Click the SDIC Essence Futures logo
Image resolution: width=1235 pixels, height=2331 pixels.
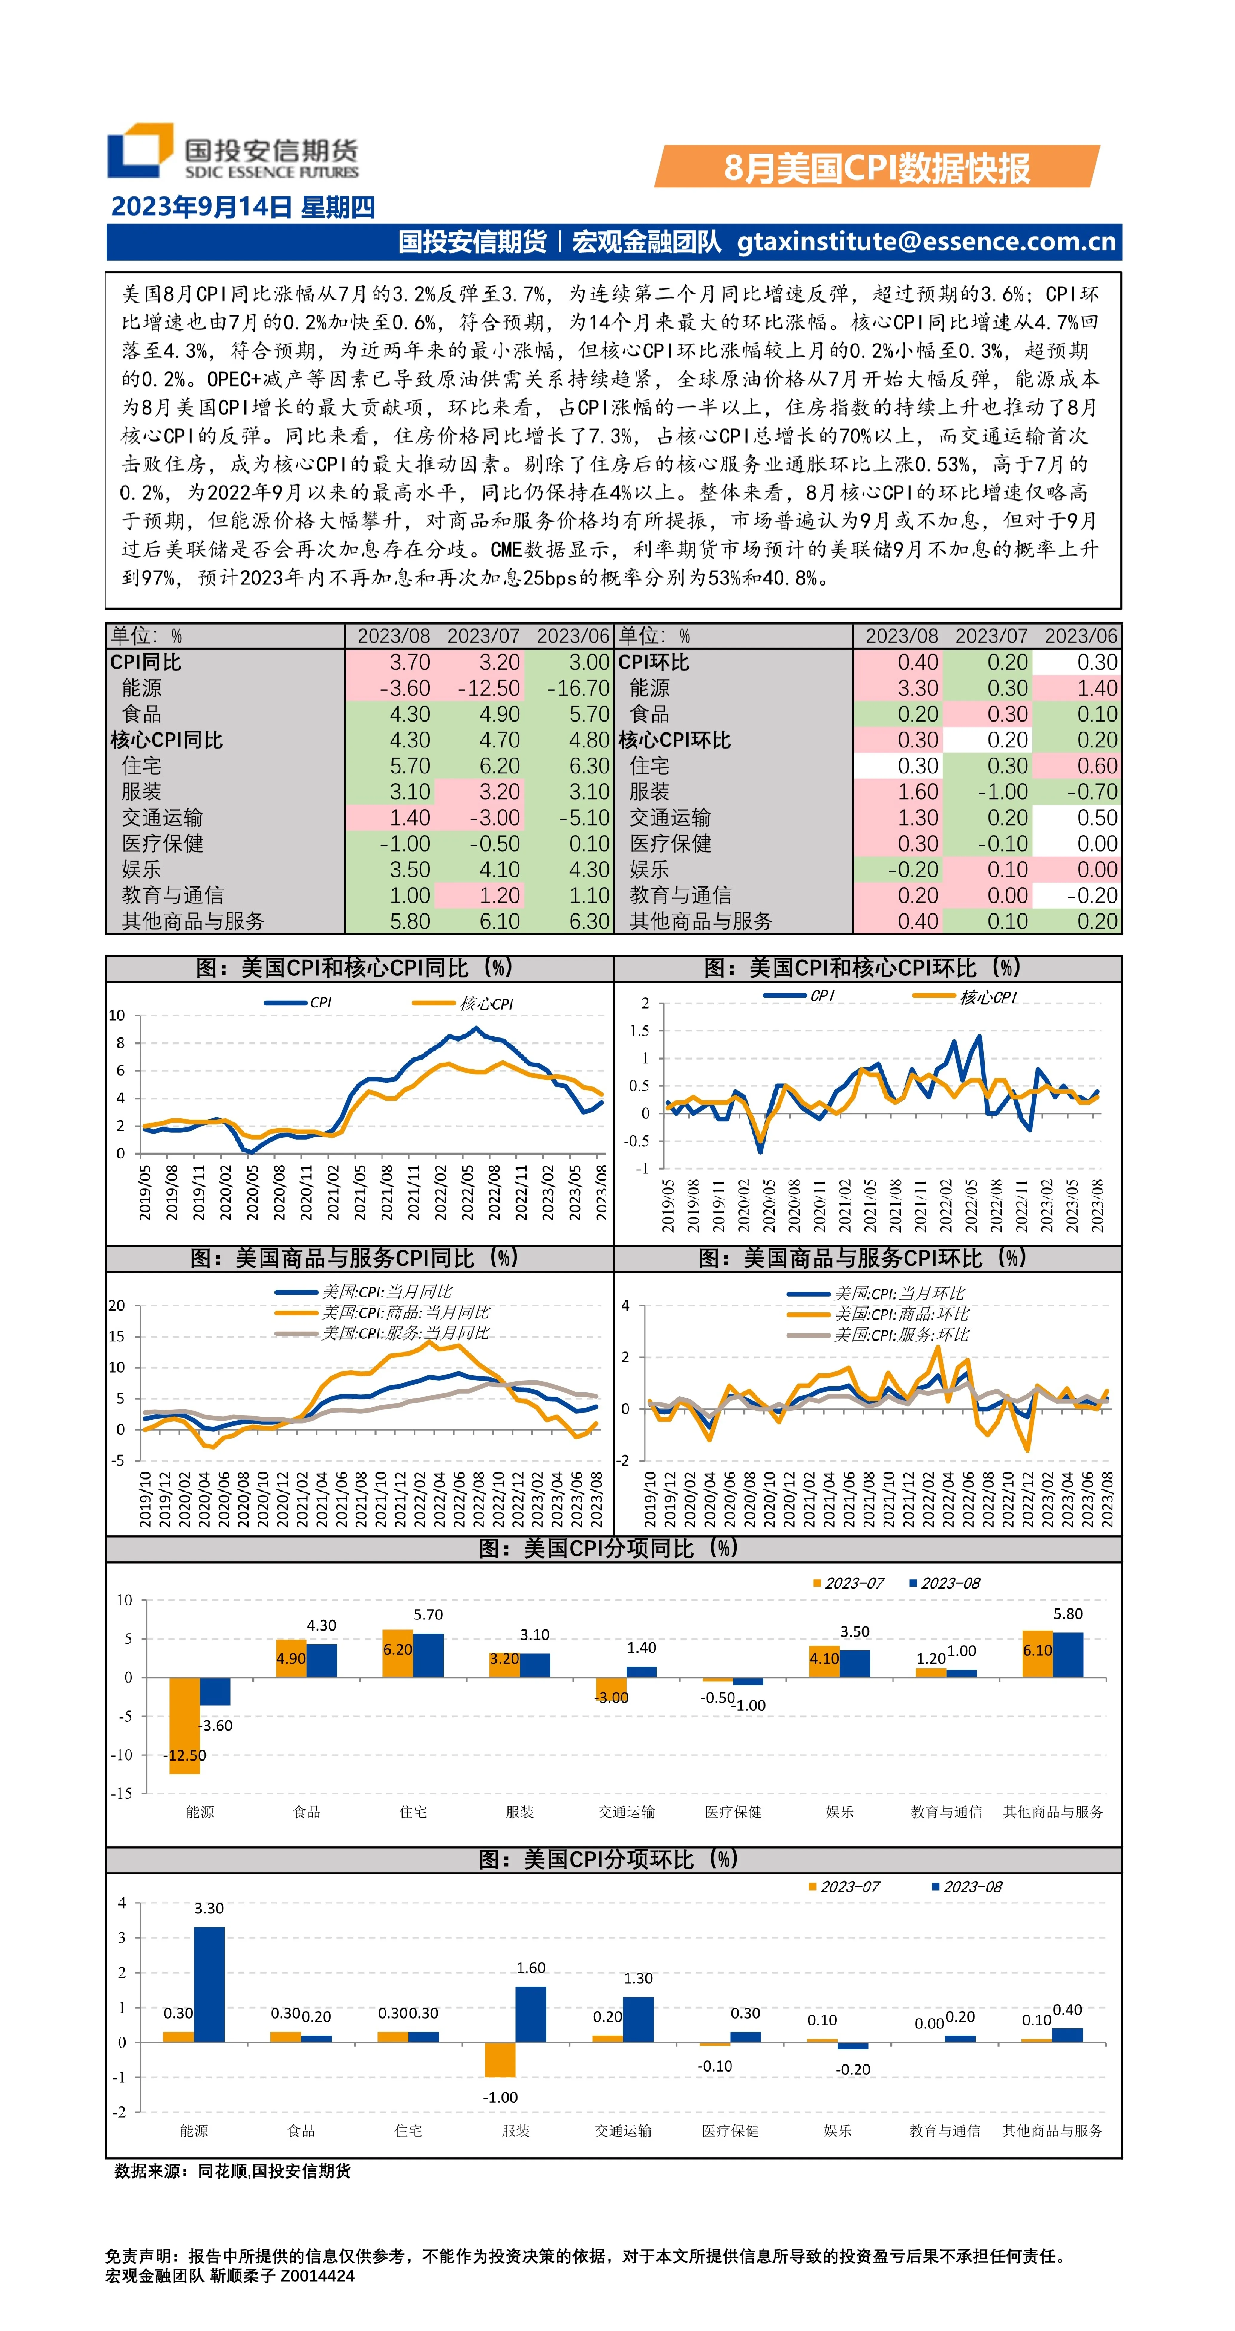(232, 151)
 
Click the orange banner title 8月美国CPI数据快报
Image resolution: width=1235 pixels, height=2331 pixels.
(877, 167)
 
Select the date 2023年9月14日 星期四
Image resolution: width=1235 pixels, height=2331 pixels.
(242, 207)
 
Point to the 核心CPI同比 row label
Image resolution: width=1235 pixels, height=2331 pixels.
(166, 740)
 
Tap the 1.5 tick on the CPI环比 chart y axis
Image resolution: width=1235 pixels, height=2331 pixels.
(640, 1031)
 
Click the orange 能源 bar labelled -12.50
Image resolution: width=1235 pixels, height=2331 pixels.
(185, 1726)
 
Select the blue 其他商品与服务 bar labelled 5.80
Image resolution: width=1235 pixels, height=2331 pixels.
(1068, 1655)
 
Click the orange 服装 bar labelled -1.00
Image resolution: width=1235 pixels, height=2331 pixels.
(500, 2060)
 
